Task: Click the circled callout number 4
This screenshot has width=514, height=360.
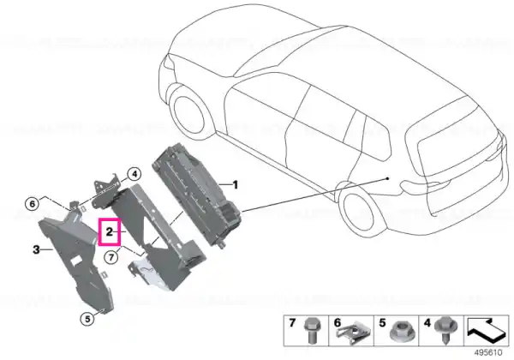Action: (134, 174)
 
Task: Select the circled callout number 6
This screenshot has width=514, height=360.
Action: (33, 204)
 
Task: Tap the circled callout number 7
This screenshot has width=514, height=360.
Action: (111, 257)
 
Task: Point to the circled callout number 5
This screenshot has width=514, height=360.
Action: (87, 319)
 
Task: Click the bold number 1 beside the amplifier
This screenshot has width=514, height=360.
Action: (235, 185)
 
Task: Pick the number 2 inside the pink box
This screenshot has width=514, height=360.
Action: (109, 231)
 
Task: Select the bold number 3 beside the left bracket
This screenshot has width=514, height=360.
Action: (36, 249)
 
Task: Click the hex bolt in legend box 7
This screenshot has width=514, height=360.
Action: (310, 330)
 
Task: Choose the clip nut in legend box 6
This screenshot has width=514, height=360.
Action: (353, 332)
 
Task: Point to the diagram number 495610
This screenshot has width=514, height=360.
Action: (488, 353)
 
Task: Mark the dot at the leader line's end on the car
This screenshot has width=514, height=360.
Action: (388, 178)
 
